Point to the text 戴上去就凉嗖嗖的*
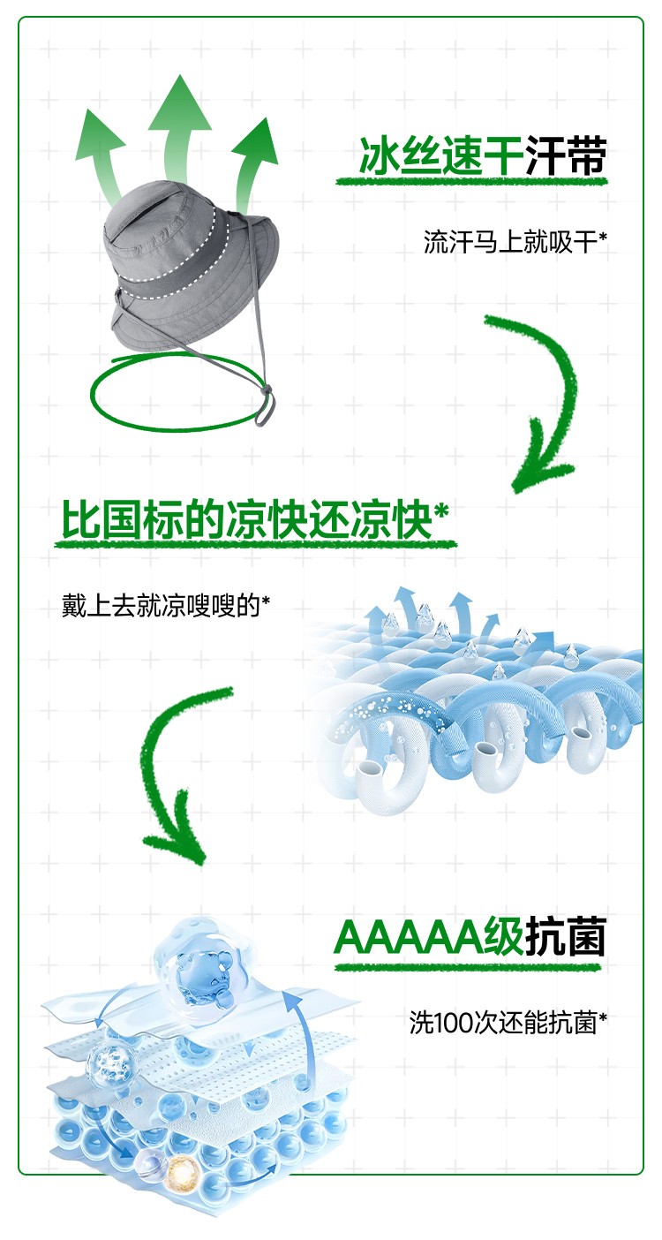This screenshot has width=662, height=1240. pos(165,606)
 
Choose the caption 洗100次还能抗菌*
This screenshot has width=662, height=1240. pos(508,1023)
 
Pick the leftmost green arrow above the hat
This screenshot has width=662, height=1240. pos(102,150)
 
